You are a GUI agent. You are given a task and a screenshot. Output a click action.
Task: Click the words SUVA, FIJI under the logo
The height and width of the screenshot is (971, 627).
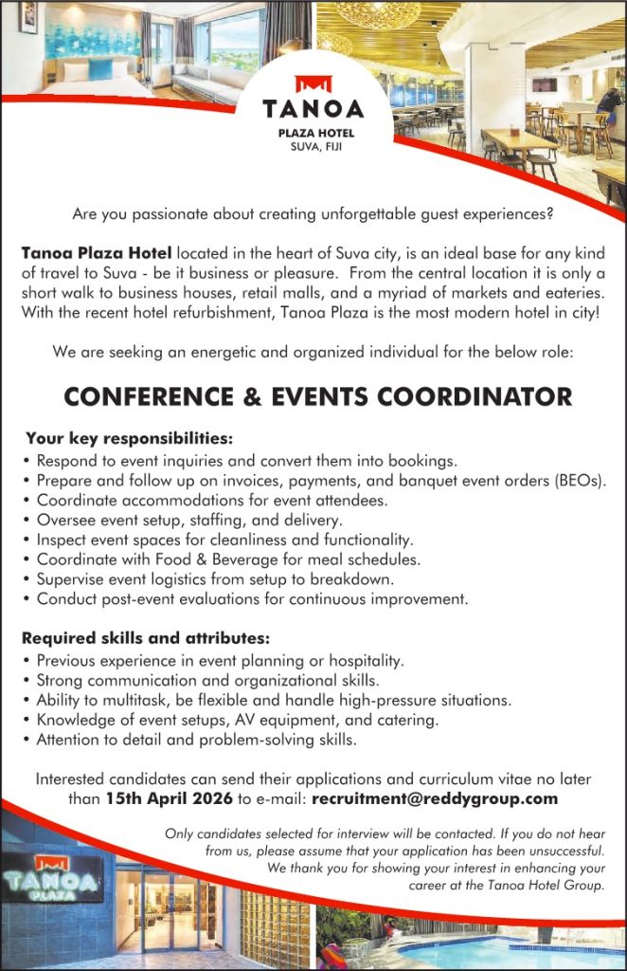point(313,146)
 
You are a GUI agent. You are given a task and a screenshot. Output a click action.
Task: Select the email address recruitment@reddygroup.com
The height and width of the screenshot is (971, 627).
point(434,798)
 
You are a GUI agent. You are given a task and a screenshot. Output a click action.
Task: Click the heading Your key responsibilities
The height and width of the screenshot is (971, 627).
point(129,439)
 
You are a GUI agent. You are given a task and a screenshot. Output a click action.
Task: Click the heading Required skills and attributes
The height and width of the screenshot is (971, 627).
point(147,637)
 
